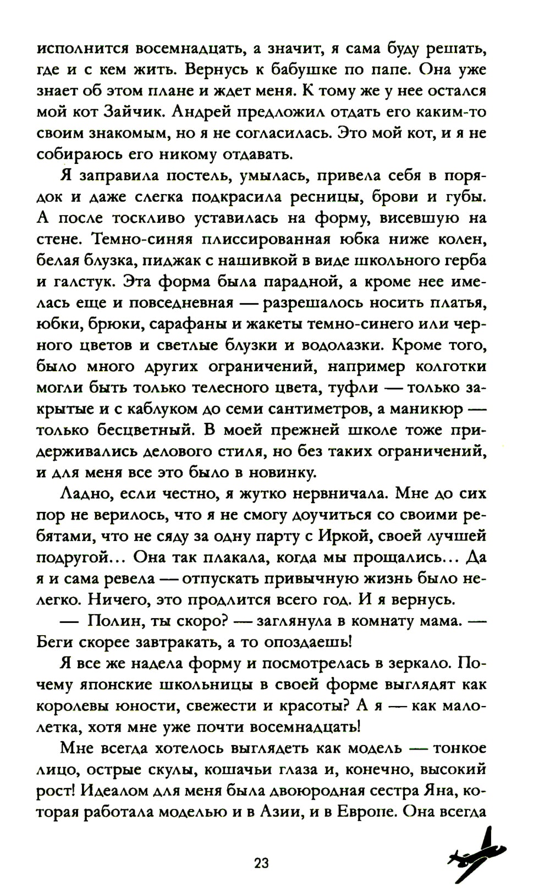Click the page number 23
tap(261, 863)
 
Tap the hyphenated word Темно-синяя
tap(144, 240)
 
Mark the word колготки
tap(451, 366)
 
